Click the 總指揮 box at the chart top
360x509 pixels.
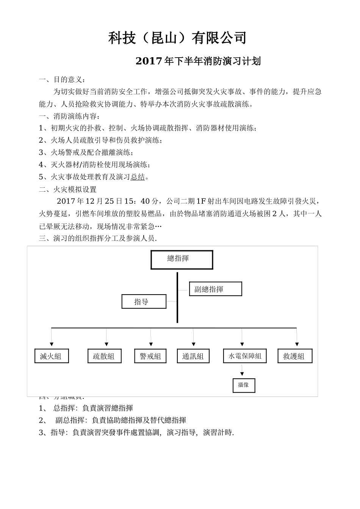[x=182, y=259]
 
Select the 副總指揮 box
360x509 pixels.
[x=215, y=289]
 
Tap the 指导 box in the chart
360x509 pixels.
[x=144, y=301]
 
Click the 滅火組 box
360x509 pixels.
[x=52, y=356]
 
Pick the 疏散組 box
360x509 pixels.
[x=105, y=356]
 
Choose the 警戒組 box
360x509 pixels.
[x=150, y=356]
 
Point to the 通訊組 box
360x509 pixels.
[x=193, y=356]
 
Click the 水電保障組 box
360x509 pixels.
[x=245, y=356]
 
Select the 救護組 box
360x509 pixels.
[x=295, y=356]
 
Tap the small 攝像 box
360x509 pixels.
[x=244, y=385]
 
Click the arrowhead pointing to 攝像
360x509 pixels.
[x=241, y=374]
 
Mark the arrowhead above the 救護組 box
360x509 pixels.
[x=297, y=344]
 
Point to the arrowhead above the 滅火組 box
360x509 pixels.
[x=52, y=344]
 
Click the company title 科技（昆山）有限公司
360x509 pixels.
[x=178, y=38]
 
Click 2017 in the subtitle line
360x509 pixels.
[x=149, y=61]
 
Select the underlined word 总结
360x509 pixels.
[x=138, y=177]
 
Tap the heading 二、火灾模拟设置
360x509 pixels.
[x=68, y=189]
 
